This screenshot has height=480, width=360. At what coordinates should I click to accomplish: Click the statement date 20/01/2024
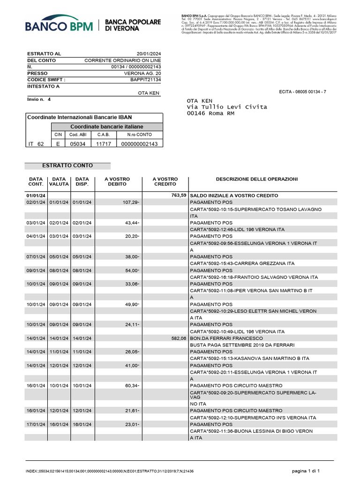point(149,54)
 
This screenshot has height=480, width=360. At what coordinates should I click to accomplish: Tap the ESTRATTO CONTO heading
point(67,165)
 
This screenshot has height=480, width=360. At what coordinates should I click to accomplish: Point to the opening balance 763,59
point(179,195)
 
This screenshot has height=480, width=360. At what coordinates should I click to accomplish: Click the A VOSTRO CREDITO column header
point(165,182)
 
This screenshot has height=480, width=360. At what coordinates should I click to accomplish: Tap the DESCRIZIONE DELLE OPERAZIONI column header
point(256,179)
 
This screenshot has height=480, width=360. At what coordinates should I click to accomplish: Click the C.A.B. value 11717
point(103,144)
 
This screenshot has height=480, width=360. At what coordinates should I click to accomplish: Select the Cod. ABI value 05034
point(77,144)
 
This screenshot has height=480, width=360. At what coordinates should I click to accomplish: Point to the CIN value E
point(58,144)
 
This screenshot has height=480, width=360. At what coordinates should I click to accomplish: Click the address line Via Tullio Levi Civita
point(227,107)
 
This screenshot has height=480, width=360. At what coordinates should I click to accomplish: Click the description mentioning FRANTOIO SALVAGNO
point(254,277)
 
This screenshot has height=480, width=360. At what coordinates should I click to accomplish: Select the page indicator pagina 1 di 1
point(306,470)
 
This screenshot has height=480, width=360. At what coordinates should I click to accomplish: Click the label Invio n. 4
point(39,99)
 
